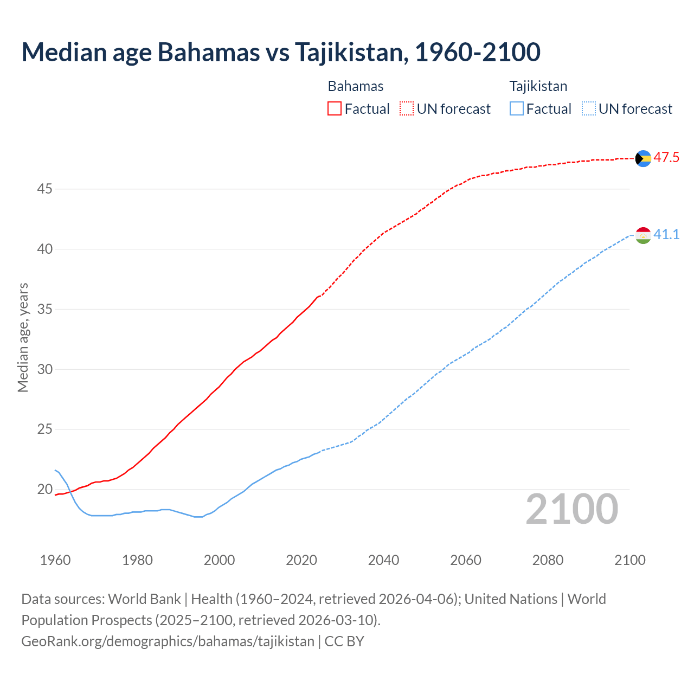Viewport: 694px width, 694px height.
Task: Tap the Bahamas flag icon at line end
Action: click(643, 158)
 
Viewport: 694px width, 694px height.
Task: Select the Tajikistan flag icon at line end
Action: click(643, 235)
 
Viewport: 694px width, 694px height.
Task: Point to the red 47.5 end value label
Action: click(666, 158)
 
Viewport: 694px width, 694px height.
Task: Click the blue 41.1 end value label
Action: click(666, 235)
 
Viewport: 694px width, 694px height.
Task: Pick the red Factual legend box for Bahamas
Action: click(335, 109)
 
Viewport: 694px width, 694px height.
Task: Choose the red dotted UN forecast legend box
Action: click(407, 109)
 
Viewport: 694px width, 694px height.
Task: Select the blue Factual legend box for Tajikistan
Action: click(517, 109)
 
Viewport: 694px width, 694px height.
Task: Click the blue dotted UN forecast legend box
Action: click(589, 109)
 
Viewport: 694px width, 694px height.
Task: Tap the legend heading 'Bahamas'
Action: click(356, 86)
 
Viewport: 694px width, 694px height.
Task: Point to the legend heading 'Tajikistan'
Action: click(538, 86)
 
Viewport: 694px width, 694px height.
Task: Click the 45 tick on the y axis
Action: click(44, 189)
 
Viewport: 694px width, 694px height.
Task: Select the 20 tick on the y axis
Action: click(44, 490)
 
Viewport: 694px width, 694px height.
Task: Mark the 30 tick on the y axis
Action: click(44, 370)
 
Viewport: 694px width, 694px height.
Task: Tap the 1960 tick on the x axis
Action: click(55, 560)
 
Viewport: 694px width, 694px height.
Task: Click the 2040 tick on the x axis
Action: click(383, 560)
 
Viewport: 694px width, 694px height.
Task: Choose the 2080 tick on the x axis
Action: click(548, 560)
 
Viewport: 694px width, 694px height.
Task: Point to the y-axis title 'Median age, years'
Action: click(23, 337)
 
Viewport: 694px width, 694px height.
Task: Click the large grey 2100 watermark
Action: click(572, 509)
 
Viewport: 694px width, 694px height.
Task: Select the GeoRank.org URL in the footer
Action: click(168, 641)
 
